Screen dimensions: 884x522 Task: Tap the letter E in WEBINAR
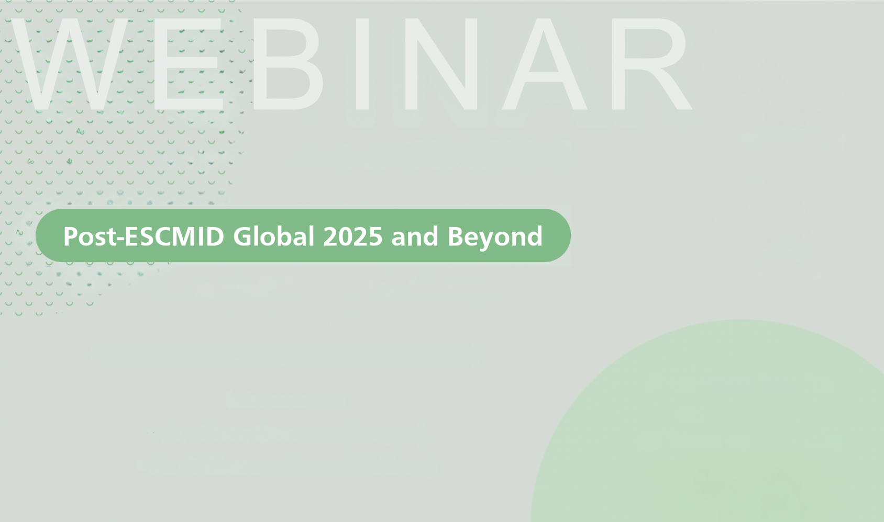[x=188, y=64]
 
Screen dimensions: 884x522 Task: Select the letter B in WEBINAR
[x=288, y=64]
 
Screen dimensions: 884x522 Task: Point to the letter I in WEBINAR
[x=362, y=64]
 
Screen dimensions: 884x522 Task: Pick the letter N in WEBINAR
[x=440, y=64]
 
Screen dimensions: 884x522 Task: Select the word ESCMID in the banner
[x=174, y=236]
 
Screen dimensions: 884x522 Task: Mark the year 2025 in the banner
[x=353, y=236]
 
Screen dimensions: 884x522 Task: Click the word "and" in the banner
[x=415, y=236]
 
